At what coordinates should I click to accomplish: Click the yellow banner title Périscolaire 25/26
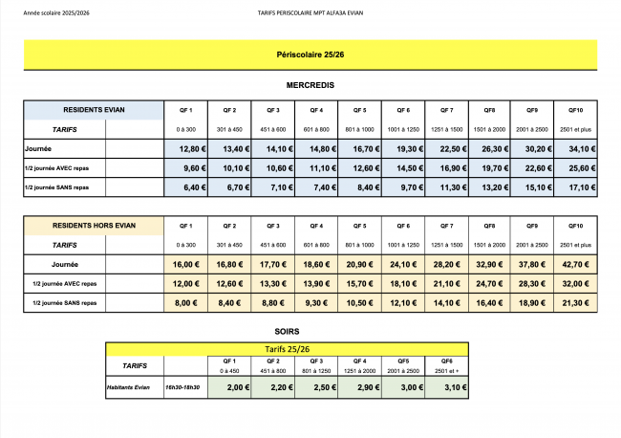(310, 56)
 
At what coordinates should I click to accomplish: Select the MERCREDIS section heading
(310, 85)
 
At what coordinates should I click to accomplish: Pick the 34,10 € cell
(575, 148)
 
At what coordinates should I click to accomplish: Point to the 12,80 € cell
(187, 148)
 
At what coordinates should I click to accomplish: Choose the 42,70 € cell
(575, 263)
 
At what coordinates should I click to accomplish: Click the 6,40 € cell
(187, 187)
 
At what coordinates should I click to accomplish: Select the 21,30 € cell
(575, 302)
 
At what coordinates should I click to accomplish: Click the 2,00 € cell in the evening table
(230, 389)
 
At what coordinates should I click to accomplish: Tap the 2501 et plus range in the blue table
(575, 128)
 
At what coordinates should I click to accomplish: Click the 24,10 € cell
(402, 263)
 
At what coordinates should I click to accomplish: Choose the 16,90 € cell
(446, 168)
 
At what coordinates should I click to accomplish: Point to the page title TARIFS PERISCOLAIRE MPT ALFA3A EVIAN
(310, 13)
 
